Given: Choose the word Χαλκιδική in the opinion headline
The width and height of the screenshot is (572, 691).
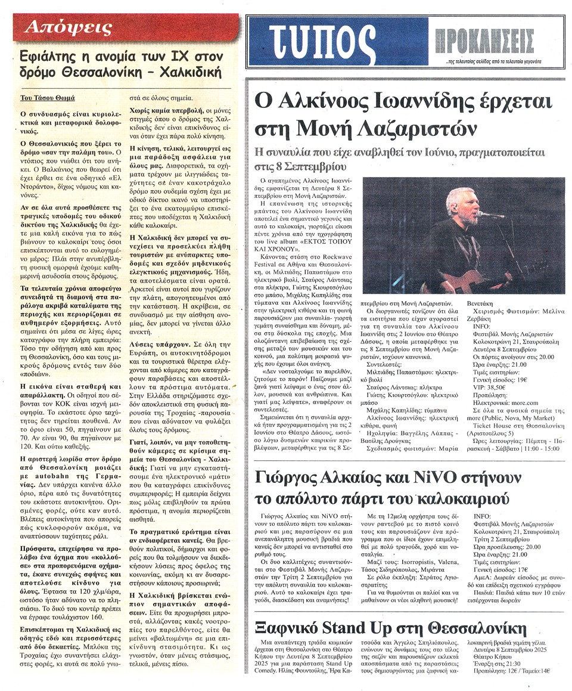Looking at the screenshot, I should click(x=191, y=73).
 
